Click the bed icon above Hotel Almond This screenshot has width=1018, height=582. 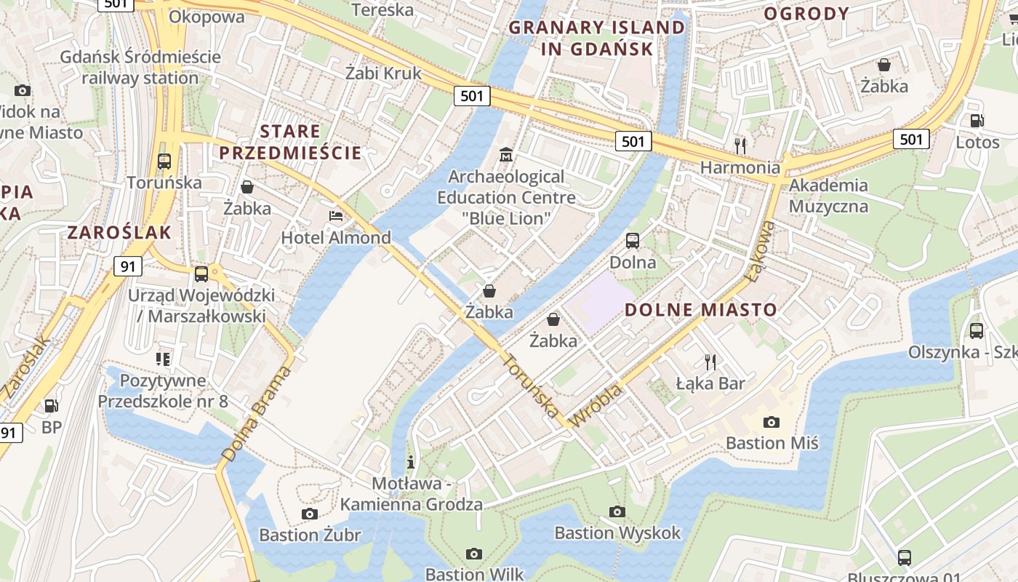336,216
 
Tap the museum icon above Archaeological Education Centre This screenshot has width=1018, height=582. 506,155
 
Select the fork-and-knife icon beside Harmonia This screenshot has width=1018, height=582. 740,145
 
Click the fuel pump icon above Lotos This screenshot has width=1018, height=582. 977,121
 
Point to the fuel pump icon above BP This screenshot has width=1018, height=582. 51,406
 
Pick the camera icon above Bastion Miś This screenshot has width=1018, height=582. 771,422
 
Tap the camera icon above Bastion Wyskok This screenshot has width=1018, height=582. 617,511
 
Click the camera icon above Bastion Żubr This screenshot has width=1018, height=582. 310,514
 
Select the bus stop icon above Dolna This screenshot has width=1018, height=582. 633,240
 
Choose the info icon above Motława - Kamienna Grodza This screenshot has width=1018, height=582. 411,461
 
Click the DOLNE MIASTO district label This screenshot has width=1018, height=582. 701,310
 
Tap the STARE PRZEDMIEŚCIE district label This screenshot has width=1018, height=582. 290,142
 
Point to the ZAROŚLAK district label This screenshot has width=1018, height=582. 119,233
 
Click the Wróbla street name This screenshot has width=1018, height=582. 598,406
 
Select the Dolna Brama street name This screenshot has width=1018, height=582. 256,414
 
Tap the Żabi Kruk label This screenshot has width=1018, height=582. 383,73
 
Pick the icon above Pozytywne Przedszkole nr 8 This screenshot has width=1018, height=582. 163,359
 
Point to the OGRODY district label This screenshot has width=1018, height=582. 806,13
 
